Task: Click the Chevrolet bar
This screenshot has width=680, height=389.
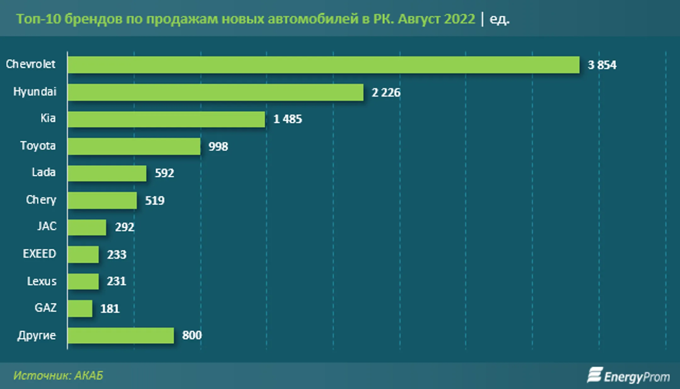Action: (x=323, y=65)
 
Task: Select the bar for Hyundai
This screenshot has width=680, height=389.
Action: (x=215, y=92)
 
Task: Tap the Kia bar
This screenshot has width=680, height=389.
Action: (x=166, y=119)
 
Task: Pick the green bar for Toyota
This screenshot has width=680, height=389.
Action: (x=134, y=146)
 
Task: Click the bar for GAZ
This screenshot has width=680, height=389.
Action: (x=80, y=308)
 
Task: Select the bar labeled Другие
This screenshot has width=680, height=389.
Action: (x=121, y=335)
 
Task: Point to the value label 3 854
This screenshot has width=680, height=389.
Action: (x=602, y=65)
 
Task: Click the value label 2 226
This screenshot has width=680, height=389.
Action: (x=386, y=93)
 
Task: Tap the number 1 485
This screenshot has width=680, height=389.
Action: (x=288, y=119)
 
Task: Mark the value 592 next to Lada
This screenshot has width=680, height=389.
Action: (x=164, y=173)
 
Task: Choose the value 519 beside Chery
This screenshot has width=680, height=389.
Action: (x=155, y=200)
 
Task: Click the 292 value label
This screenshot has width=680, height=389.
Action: (x=125, y=227)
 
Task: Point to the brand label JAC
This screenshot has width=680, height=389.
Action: (x=47, y=226)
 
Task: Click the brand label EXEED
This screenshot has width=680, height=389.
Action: (x=39, y=254)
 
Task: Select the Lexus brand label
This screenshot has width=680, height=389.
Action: (x=42, y=281)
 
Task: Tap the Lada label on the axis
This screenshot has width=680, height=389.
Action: (x=44, y=172)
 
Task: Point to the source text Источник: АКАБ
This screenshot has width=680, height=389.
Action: (x=58, y=375)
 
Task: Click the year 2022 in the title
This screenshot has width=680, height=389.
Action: (x=459, y=19)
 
